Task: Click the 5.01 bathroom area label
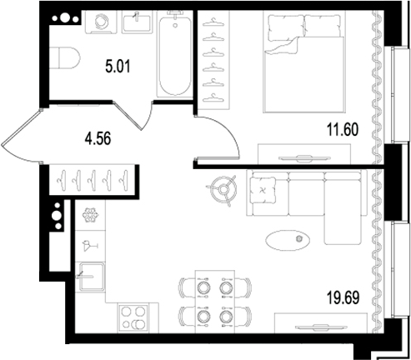pyautogui.click(x=118, y=67)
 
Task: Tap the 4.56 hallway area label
pyautogui.click(x=98, y=138)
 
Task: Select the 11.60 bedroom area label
pyautogui.click(x=343, y=129)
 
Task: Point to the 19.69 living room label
pyautogui.click(x=343, y=297)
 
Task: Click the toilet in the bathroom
pyautogui.click(x=65, y=57)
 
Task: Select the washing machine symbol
pyautogui.click(x=101, y=22)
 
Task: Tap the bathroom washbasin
pyautogui.click(x=137, y=22)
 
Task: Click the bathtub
pyautogui.click(x=175, y=54)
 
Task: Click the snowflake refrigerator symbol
pyautogui.click(x=90, y=215)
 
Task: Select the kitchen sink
pyautogui.click(x=91, y=277)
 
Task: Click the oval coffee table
pyautogui.click(x=288, y=240)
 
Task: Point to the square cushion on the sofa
pyautogui.click(x=263, y=190)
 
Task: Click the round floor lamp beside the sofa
pyautogui.click(x=223, y=190)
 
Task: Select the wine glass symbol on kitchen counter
pyautogui.click(x=90, y=246)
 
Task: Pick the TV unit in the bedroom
pyautogui.click(x=304, y=154)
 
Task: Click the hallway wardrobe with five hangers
pyautogui.click(x=93, y=180)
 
